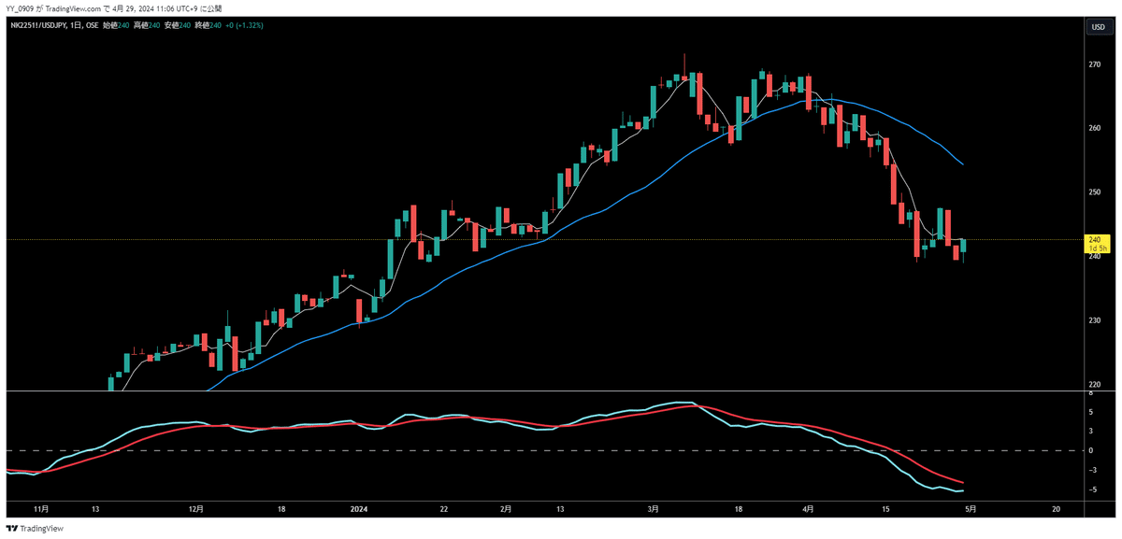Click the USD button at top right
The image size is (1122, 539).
[x=1098, y=27]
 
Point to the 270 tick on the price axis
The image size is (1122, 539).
[x=1093, y=64]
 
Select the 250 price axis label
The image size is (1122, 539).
[x=1093, y=192]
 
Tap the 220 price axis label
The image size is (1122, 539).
[x=1093, y=385]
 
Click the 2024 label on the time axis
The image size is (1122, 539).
[x=359, y=509]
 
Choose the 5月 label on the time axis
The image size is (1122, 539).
[x=971, y=509]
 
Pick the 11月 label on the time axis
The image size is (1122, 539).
[x=39, y=509]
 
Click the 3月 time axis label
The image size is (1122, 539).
[x=654, y=509]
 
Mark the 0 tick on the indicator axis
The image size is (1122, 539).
[x=1091, y=450]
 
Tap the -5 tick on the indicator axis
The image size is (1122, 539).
[x=1091, y=489]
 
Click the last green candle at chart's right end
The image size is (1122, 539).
[x=963, y=246]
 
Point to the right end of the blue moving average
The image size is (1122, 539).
[x=963, y=164]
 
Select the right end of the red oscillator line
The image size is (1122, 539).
[x=963, y=482]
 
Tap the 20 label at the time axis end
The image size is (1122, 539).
[x=1056, y=509]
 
